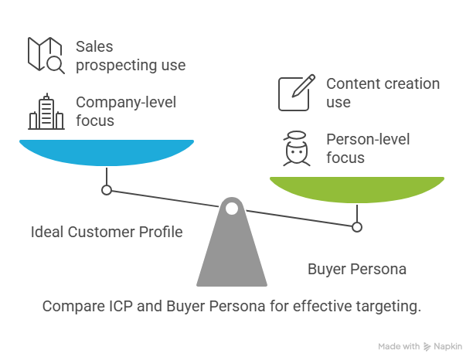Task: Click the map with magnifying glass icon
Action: [x=46, y=55]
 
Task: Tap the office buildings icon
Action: [x=46, y=111]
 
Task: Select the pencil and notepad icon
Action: [x=297, y=93]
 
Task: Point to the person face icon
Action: [x=297, y=148]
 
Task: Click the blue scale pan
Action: [x=107, y=152]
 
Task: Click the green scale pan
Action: [x=357, y=189]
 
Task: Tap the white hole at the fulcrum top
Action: [x=232, y=209]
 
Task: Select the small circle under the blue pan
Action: [x=107, y=190]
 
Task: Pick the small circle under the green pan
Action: [x=357, y=227]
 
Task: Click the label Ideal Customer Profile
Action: [x=107, y=233]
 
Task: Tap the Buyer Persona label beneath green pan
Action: [x=357, y=270]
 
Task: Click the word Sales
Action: [x=94, y=46]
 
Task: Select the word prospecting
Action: [x=116, y=66]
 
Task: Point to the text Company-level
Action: [x=126, y=102]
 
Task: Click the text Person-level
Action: [x=368, y=139]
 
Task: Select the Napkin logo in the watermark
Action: [x=427, y=347]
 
